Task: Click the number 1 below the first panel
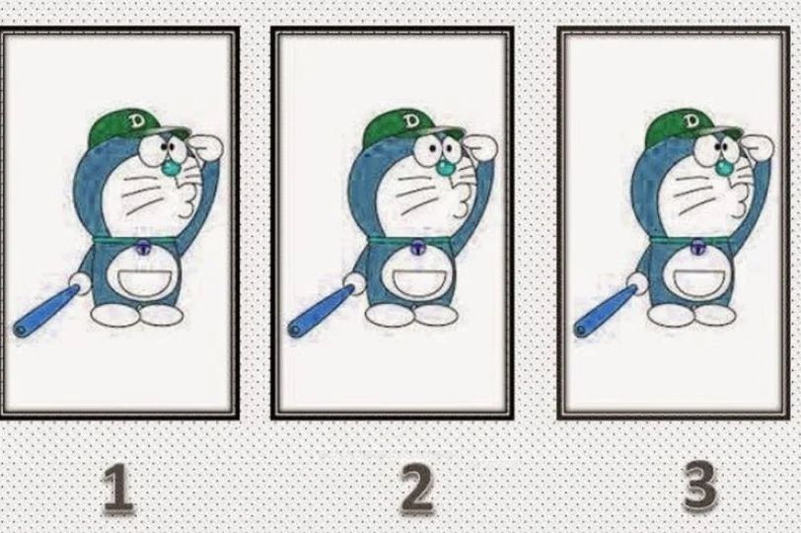119,488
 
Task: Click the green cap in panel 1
136,126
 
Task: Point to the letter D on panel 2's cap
409,121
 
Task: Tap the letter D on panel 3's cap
692,121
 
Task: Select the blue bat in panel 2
322,311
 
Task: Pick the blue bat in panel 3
607,312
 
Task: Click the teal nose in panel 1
171,168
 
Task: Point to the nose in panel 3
724,168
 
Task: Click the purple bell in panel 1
144,249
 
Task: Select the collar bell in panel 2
418,249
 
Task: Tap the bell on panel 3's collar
697,248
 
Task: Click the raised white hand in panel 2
482,147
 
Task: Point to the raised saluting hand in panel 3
759,147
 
